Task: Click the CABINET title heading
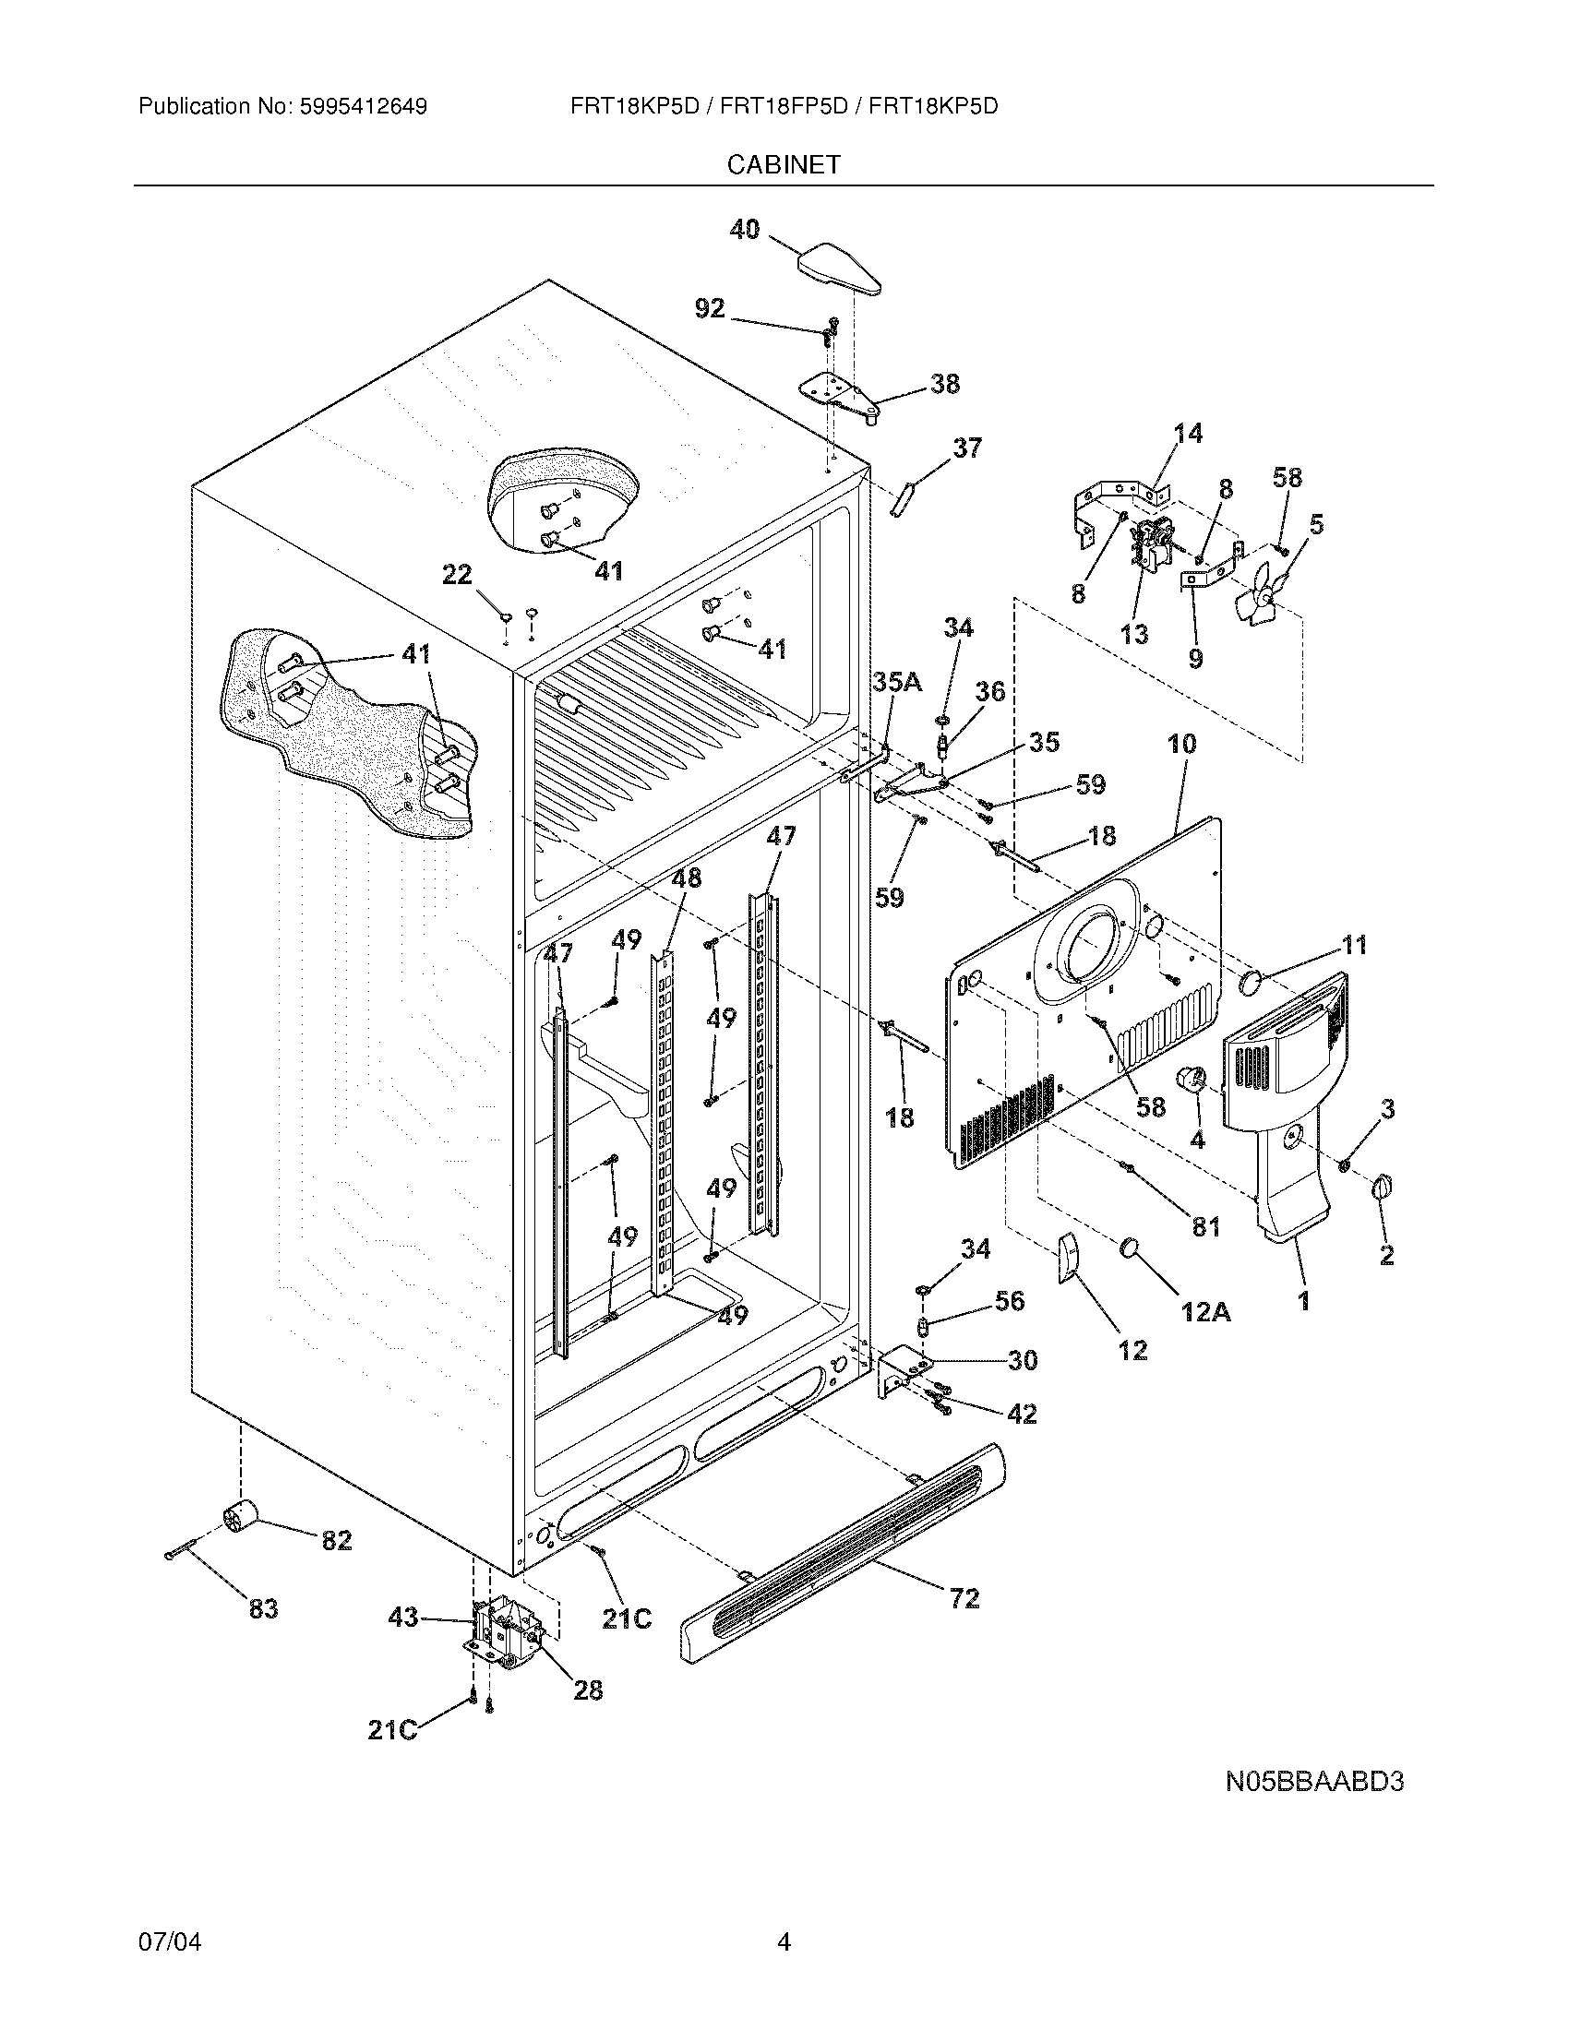click(x=784, y=164)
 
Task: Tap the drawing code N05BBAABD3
click(x=1313, y=1782)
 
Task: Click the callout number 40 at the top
click(x=744, y=229)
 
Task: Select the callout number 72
click(x=964, y=1598)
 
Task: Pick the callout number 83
click(x=263, y=1608)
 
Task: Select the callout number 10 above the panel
click(x=1181, y=744)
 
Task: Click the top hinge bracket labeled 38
click(x=840, y=396)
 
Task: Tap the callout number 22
click(x=456, y=576)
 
